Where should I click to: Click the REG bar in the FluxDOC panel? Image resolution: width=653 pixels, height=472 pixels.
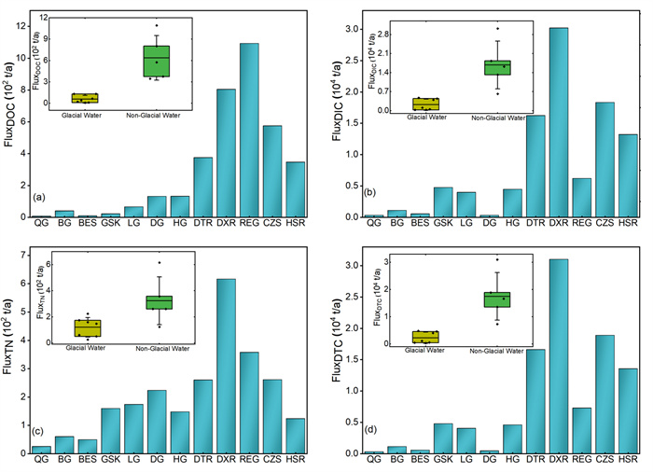[249, 130]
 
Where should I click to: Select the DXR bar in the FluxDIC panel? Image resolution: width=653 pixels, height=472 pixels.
[558, 122]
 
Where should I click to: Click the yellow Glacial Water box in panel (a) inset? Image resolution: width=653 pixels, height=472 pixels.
[85, 98]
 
